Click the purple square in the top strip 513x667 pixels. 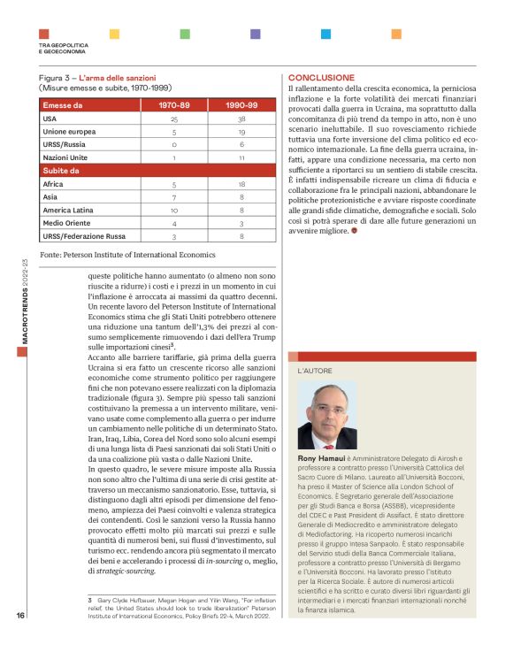coord(255,34)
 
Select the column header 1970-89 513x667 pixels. coord(174,104)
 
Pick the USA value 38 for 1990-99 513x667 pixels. coord(242,118)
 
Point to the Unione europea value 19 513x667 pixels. coord(242,131)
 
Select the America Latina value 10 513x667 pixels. coord(174,210)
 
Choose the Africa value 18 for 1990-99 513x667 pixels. coord(242,184)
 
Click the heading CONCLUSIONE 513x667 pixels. coord(321,78)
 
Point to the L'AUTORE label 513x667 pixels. coord(314,367)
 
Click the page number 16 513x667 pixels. coord(20,640)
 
